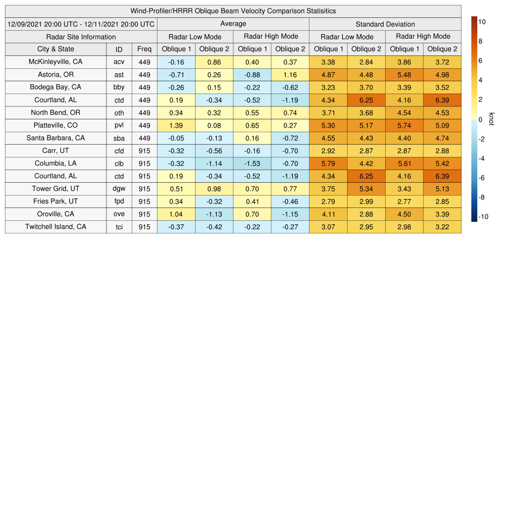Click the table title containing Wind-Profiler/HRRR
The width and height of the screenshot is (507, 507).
pos(233,11)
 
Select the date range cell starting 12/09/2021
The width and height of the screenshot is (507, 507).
pos(81,24)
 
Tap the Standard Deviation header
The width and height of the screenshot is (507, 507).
pos(385,24)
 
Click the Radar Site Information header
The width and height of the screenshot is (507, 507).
pos(81,37)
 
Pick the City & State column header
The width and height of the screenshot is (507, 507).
pos(55,49)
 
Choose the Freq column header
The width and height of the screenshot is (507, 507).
pos(145,49)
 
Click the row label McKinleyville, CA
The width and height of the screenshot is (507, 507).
pos(55,62)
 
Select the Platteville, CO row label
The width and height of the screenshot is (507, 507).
pos(55,125)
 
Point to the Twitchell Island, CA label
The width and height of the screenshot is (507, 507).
pos(55,227)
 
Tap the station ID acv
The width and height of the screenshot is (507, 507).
pos(119,62)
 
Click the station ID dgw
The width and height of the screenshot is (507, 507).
pos(119,189)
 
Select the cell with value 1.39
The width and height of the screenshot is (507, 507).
pos(176,125)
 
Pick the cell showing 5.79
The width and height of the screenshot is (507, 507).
pos(328,163)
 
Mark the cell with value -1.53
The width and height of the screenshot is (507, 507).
pos(253,163)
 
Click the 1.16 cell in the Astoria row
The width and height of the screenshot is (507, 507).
pos(290,75)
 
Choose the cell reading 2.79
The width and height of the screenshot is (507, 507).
pos(328,202)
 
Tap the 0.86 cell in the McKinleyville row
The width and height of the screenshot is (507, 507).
pos(214,62)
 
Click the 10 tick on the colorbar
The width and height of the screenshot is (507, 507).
pos(483,22)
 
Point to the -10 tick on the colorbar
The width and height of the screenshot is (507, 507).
pos(483,216)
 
